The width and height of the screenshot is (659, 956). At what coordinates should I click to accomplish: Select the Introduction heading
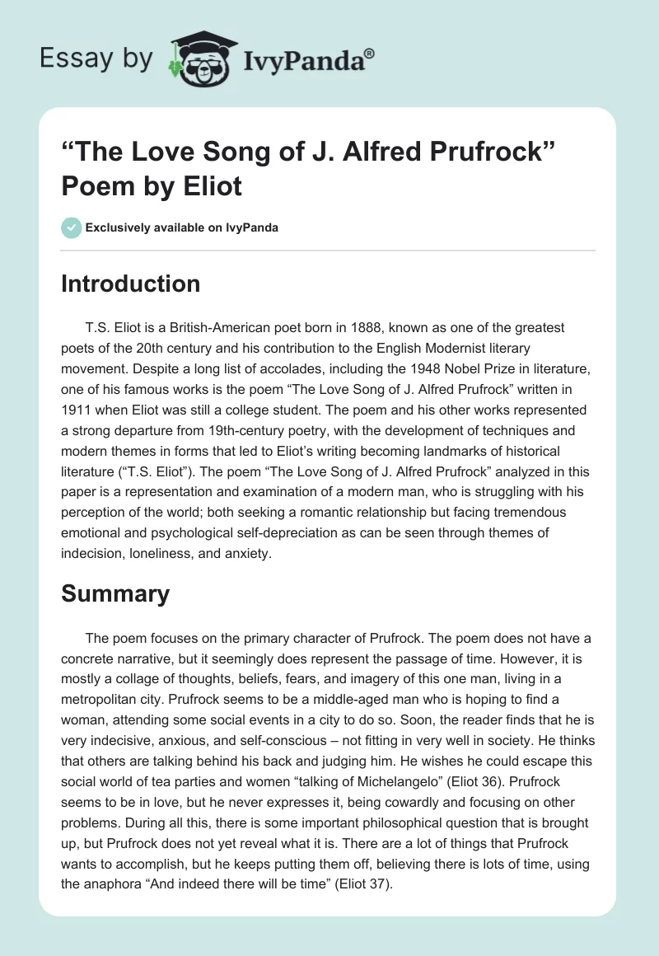pos(131,284)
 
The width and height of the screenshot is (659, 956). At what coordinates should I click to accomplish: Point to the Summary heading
pos(115,593)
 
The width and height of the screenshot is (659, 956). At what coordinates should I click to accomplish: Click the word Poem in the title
pos(96,187)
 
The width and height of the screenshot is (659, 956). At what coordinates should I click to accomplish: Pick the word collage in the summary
pos(136,677)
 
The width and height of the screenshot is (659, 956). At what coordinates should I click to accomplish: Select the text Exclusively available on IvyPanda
pos(181,227)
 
